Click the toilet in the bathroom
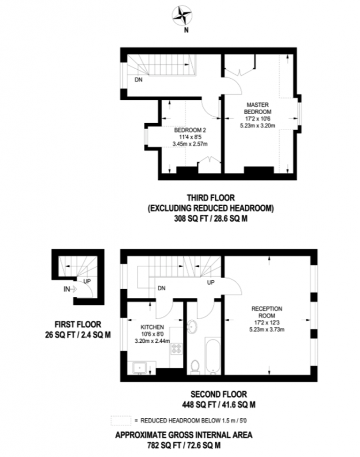[194, 366]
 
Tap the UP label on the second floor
[210, 283]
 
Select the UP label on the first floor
[87, 281]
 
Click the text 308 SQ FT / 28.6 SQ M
[210, 218]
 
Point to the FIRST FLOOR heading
[69, 324]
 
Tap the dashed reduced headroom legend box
[120, 420]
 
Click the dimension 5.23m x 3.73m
[267, 331]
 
